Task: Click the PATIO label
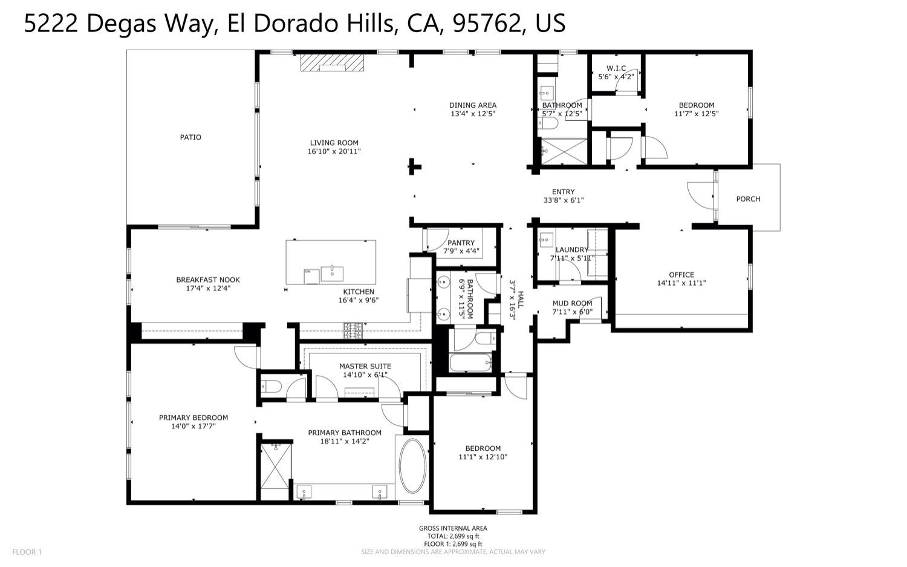tap(190, 137)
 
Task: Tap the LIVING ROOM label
tap(334, 143)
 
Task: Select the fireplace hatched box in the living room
tap(333, 63)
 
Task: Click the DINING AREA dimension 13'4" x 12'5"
tap(472, 114)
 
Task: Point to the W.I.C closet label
tap(616, 68)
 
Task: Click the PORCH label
tap(748, 199)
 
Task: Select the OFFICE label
tap(681, 275)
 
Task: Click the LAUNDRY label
tap(571, 250)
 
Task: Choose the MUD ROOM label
tap(572, 304)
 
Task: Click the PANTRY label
tap(461, 243)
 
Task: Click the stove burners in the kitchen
tap(353, 330)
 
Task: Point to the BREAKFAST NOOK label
tap(208, 280)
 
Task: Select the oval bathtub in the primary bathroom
tap(412, 465)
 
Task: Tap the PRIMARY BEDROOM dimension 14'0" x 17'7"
tap(193, 426)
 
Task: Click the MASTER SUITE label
tap(365, 367)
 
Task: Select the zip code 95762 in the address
tap(486, 24)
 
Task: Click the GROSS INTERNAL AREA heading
tap(453, 528)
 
